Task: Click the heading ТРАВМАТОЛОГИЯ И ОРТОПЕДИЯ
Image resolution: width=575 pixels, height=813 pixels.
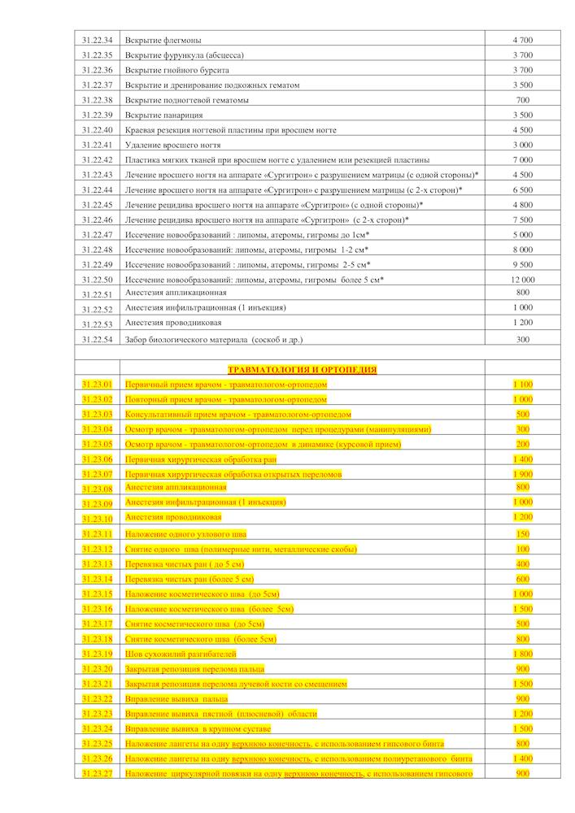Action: click(302, 369)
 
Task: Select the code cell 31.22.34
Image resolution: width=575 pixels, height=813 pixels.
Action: click(97, 40)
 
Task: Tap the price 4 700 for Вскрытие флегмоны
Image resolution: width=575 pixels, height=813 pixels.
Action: click(523, 40)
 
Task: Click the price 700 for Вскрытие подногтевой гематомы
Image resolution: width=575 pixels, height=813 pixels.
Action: click(523, 100)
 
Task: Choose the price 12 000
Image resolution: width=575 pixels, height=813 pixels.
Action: click(523, 280)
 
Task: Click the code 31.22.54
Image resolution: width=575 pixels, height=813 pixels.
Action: click(97, 339)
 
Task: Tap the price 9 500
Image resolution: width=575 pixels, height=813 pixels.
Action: click(523, 264)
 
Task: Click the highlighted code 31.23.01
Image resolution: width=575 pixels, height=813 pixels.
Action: click(97, 384)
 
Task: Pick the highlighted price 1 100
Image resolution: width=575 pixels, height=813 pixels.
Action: click(523, 384)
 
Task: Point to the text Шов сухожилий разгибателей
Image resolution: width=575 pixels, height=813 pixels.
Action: click(181, 654)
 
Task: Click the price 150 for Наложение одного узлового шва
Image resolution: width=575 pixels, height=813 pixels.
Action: click(523, 533)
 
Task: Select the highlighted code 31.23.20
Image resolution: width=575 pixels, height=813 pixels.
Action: click(97, 668)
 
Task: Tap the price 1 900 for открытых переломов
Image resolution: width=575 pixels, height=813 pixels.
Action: click(523, 473)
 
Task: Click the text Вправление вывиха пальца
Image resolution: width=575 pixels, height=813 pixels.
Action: click(176, 698)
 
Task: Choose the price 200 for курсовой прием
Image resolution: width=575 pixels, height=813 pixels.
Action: click(523, 444)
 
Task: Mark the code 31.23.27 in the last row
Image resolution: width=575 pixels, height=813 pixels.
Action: click(97, 774)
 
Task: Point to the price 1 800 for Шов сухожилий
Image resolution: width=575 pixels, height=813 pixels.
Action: click(523, 654)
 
